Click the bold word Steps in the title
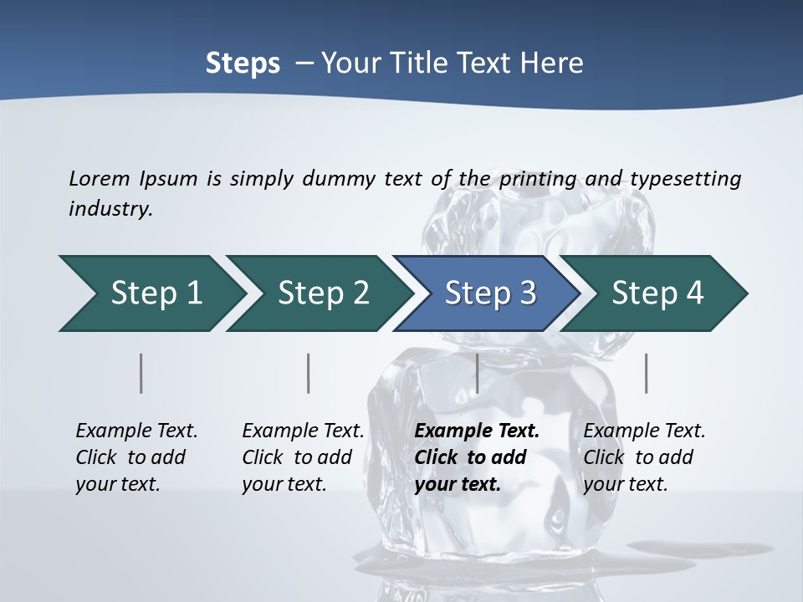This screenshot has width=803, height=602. point(243,64)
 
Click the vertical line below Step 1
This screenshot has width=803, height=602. point(141,373)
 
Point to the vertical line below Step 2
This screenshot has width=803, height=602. point(309,373)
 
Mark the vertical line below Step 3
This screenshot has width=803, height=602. point(477,373)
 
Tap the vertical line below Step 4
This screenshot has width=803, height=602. point(646,373)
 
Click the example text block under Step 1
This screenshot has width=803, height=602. point(136,457)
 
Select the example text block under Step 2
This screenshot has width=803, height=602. point(303,457)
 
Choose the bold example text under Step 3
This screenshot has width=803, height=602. point(477,457)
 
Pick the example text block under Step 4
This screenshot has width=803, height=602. point(644,457)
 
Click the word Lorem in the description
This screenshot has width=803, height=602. point(100,178)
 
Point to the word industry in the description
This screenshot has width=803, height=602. point(110,209)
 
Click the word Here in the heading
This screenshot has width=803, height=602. point(554,64)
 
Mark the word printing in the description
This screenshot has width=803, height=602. point(538,179)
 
